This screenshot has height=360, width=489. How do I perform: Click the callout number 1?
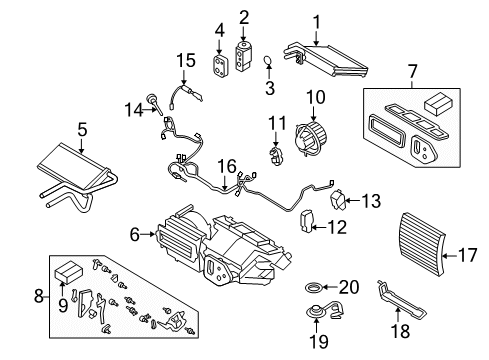(316, 20)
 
